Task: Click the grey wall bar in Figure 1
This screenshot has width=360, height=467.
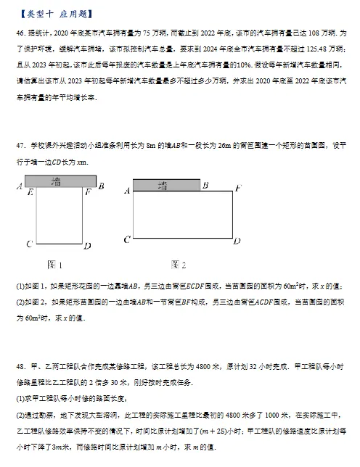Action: click(x=60, y=181)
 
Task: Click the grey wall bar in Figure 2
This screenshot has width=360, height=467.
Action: click(x=166, y=186)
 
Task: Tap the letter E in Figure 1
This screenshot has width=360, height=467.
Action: click(x=29, y=193)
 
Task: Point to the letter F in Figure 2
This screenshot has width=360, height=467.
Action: click(x=238, y=189)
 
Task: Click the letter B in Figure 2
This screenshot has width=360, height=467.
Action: click(x=205, y=185)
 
